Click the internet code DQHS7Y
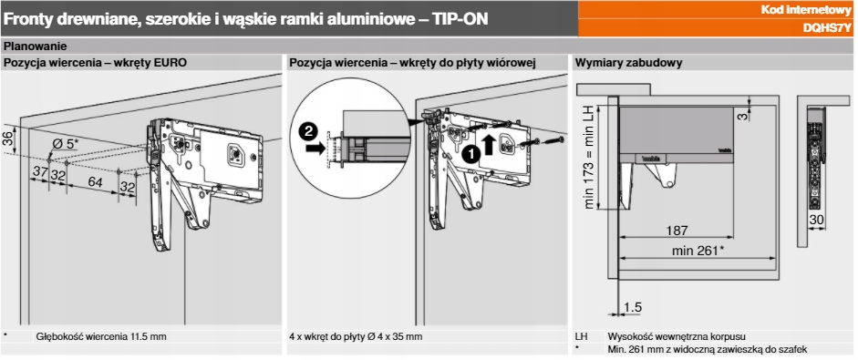pos(827,28)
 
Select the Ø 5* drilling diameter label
pos(66,144)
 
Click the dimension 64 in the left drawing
pos(95,181)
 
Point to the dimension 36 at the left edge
pos(7,138)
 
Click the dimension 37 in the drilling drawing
pos(40,171)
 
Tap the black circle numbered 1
pos(470,154)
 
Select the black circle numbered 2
pos(308,131)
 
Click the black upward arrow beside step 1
pos(490,146)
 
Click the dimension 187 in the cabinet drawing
pos(677,231)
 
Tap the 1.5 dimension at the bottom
pos(633,307)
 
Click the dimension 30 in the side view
pos(816,221)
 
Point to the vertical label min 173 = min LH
pos(589,158)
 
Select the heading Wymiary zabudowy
pos(628,62)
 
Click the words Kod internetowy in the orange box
pos(807,10)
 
